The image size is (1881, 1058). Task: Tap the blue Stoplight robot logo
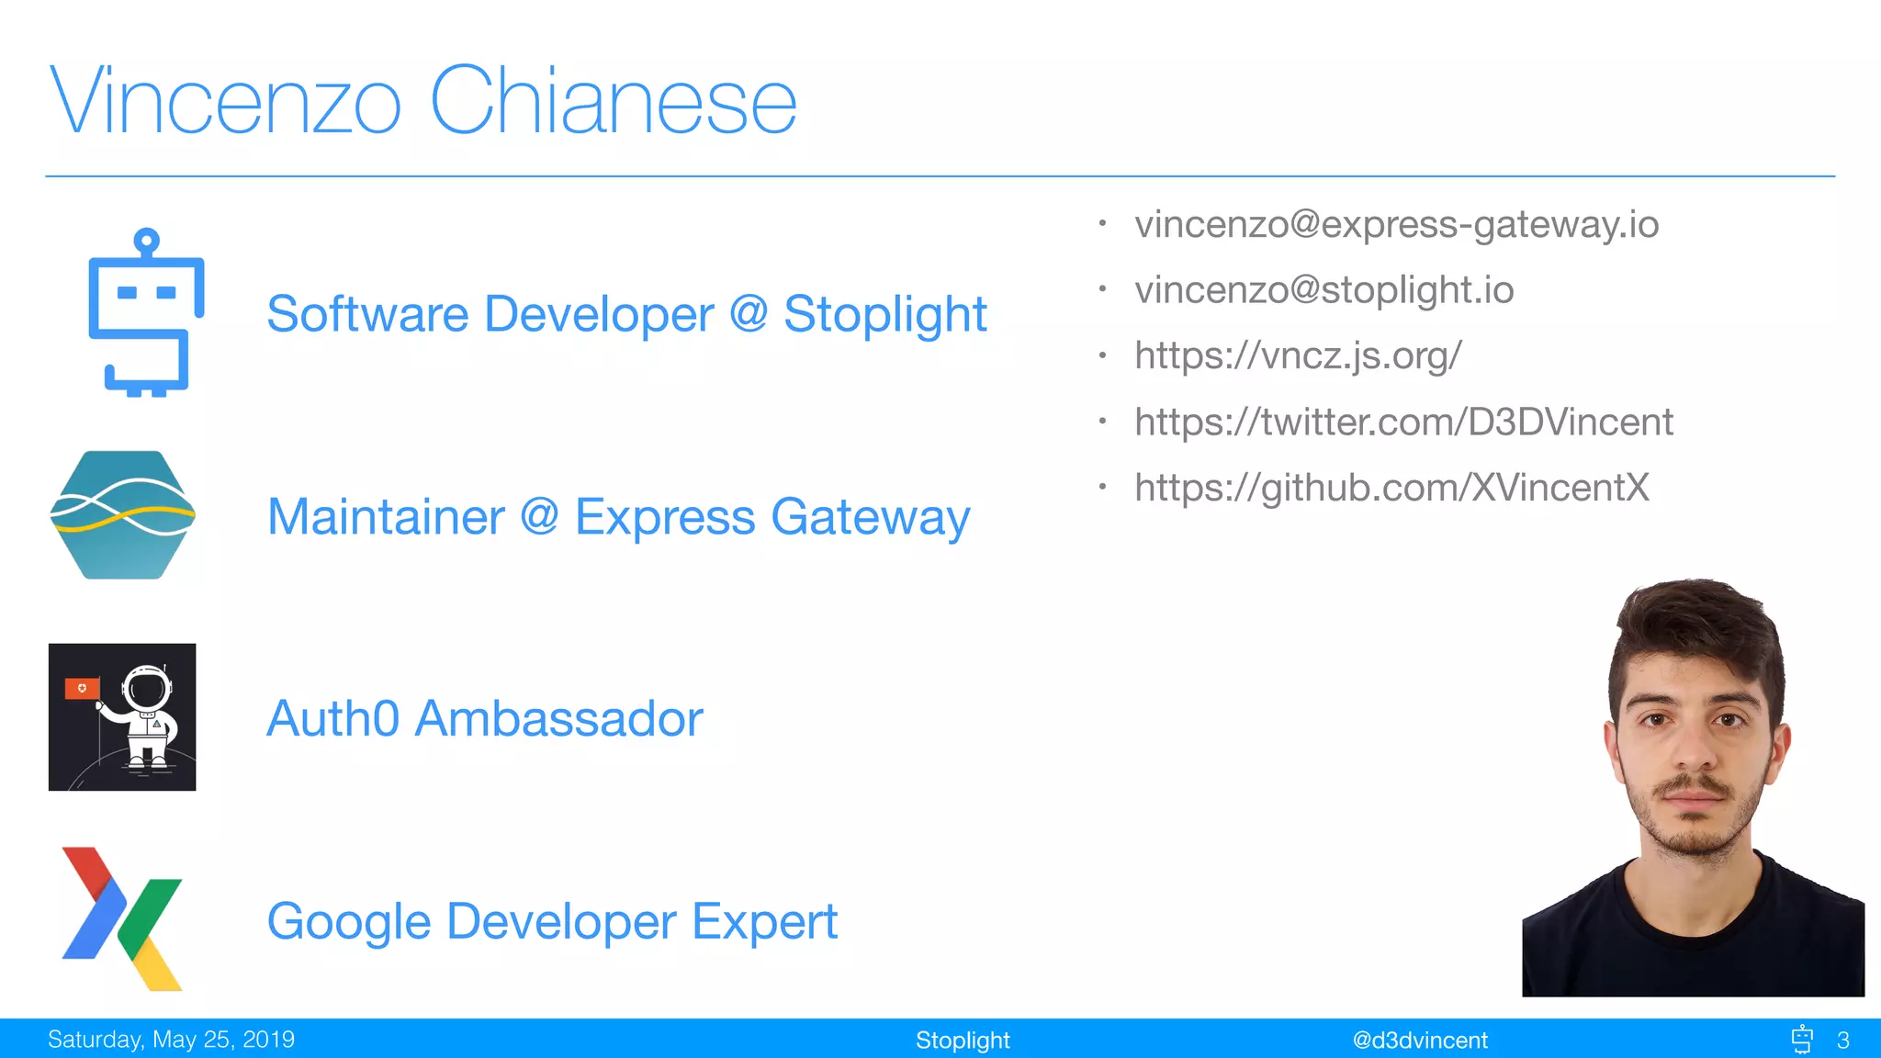pos(146,313)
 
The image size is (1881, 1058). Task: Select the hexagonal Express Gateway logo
pos(122,515)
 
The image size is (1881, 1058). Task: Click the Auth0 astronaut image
pos(122,717)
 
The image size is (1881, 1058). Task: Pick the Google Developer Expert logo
pos(122,918)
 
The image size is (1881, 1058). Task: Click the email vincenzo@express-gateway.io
pos(1396,224)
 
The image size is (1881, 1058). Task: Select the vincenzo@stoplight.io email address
pos(1323,290)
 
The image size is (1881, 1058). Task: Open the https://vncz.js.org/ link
pos(1297,355)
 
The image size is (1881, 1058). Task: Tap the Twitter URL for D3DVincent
pos(1403,422)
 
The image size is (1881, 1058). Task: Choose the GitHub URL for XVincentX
pos(1391,488)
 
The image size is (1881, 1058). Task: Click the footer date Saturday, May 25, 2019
pos(171,1040)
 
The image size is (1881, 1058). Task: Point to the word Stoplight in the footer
pos(963,1040)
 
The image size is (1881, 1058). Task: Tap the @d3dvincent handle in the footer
pos(1420,1040)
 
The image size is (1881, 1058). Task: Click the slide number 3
pos(1842,1040)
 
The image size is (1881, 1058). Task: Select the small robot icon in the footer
pos(1802,1039)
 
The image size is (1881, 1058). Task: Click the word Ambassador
pos(558,718)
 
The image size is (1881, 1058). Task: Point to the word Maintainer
pos(386,516)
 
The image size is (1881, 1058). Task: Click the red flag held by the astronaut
pos(82,688)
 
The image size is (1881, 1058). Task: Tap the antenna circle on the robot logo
pos(147,242)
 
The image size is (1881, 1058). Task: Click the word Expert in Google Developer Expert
pos(764,921)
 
